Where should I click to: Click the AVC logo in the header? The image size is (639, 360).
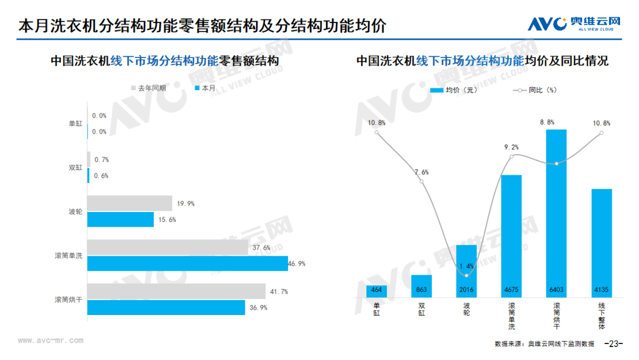pyautogui.click(x=574, y=24)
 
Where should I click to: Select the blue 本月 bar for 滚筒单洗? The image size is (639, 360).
pyautogui.click(x=188, y=263)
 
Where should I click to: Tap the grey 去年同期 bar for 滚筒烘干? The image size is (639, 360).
pyautogui.click(x=176, y=291)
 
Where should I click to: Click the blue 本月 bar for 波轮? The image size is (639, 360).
pyautogui.click(x=121, y=219)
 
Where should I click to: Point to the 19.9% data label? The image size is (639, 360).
pyautogui.click(x=185, y=204)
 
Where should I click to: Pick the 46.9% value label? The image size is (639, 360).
pyautogui.click(x=296, y=263)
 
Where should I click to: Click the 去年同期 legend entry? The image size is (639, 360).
pyautogui.click(x=149, y=88)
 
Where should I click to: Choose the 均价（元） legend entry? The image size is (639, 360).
pyautogui.click(x=454, y=90)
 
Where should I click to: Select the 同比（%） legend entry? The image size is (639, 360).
pyautogui.click(x=535, y=90)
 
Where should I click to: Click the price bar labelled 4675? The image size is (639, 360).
pyautogui.click(x=511, y=236)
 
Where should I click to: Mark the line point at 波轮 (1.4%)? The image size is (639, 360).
pyautogui.click(x=466, y=275)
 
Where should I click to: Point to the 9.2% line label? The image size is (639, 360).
pyautogui.click(x=511, y=147)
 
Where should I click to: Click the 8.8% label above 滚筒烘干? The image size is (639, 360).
pyautogui.click(x=547, y=123)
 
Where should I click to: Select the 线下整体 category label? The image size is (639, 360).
pyautogui.click(x=602, y=316)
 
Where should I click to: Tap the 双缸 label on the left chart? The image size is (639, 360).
pyautogui.click(x=75, y=168)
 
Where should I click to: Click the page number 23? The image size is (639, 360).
pyautogui.click(x=614, y=343)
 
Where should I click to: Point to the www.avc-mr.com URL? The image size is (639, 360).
pyautogui.click(x=50, y=340)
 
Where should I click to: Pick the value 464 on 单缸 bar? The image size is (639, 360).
pyautogui.click(x=376, y=290)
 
